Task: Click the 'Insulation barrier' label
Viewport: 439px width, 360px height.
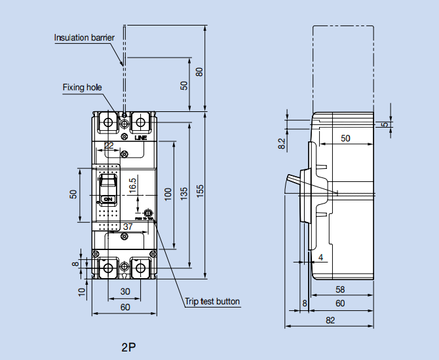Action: [84, 37]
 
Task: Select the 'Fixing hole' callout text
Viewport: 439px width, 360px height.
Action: [82, 87]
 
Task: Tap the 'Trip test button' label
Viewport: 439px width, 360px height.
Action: [212, 302]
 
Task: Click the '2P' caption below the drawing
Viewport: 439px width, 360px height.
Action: [128, 346]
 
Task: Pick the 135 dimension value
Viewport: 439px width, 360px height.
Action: [184, 192]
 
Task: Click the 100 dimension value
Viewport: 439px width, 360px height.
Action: [168, 194]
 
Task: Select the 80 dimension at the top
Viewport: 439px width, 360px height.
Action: [200, 70]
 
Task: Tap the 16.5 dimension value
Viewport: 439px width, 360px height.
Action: [132, 185]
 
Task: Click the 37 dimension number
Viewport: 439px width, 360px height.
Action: [128, 226]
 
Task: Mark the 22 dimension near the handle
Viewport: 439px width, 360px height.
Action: [109, 145]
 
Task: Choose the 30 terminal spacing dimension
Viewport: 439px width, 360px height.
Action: [124, 292]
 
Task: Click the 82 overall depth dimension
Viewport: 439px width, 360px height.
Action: [330, 320]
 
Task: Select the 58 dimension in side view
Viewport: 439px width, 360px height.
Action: [340, 289]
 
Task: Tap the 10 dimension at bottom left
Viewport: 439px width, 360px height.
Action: [81, 292]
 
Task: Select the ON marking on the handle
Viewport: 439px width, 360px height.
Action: [109, 198]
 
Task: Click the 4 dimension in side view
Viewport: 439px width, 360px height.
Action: [320, 257]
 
